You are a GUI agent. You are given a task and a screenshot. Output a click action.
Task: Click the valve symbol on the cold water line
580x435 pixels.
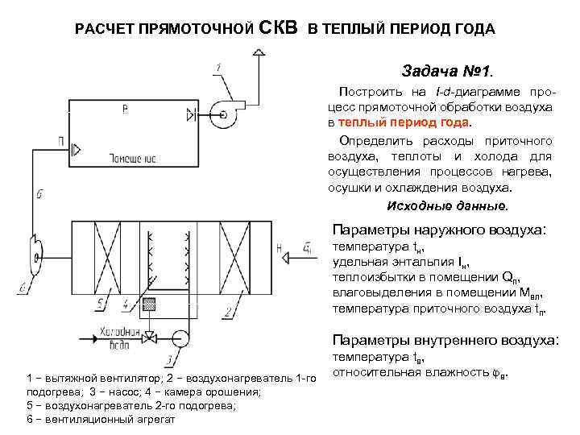coord(148,337)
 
